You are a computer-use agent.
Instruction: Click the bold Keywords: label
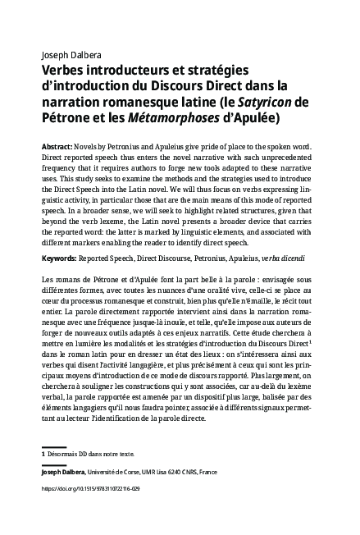59,258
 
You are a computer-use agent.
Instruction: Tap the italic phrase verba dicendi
286,258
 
